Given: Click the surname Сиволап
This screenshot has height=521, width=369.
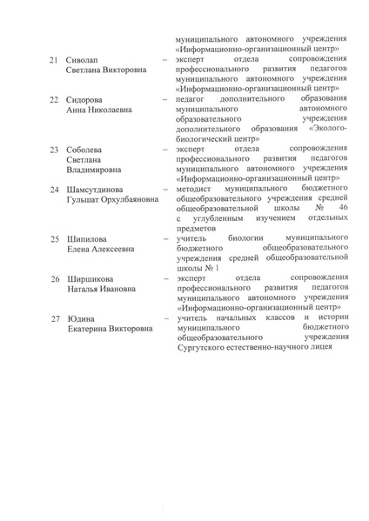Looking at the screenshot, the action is (x=85, y=60).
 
